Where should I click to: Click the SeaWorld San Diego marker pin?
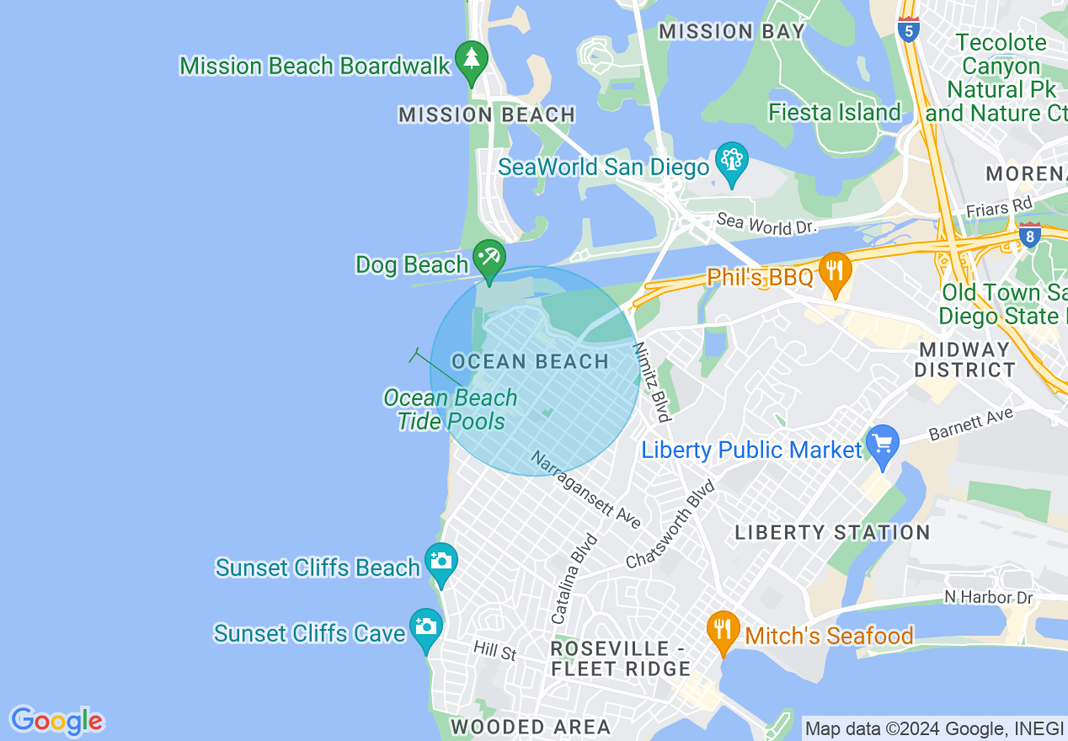[731, 162]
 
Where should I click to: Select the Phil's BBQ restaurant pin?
[835, 271]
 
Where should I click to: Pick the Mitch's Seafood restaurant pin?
[723, 630]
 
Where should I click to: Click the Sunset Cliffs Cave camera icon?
[426, 628]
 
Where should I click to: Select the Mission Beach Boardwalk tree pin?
[471, 60]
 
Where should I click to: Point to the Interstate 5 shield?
[908, 29]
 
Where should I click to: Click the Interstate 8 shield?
[1029, 235]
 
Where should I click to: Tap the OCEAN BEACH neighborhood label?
[530, 362]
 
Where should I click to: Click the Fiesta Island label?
[834, 112]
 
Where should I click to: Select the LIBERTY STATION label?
[832, 532]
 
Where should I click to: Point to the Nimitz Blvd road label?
[653, 381]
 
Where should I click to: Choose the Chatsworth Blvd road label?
[670, 524]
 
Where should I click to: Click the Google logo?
[56, 721]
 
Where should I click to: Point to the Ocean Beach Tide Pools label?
[451, 409]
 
